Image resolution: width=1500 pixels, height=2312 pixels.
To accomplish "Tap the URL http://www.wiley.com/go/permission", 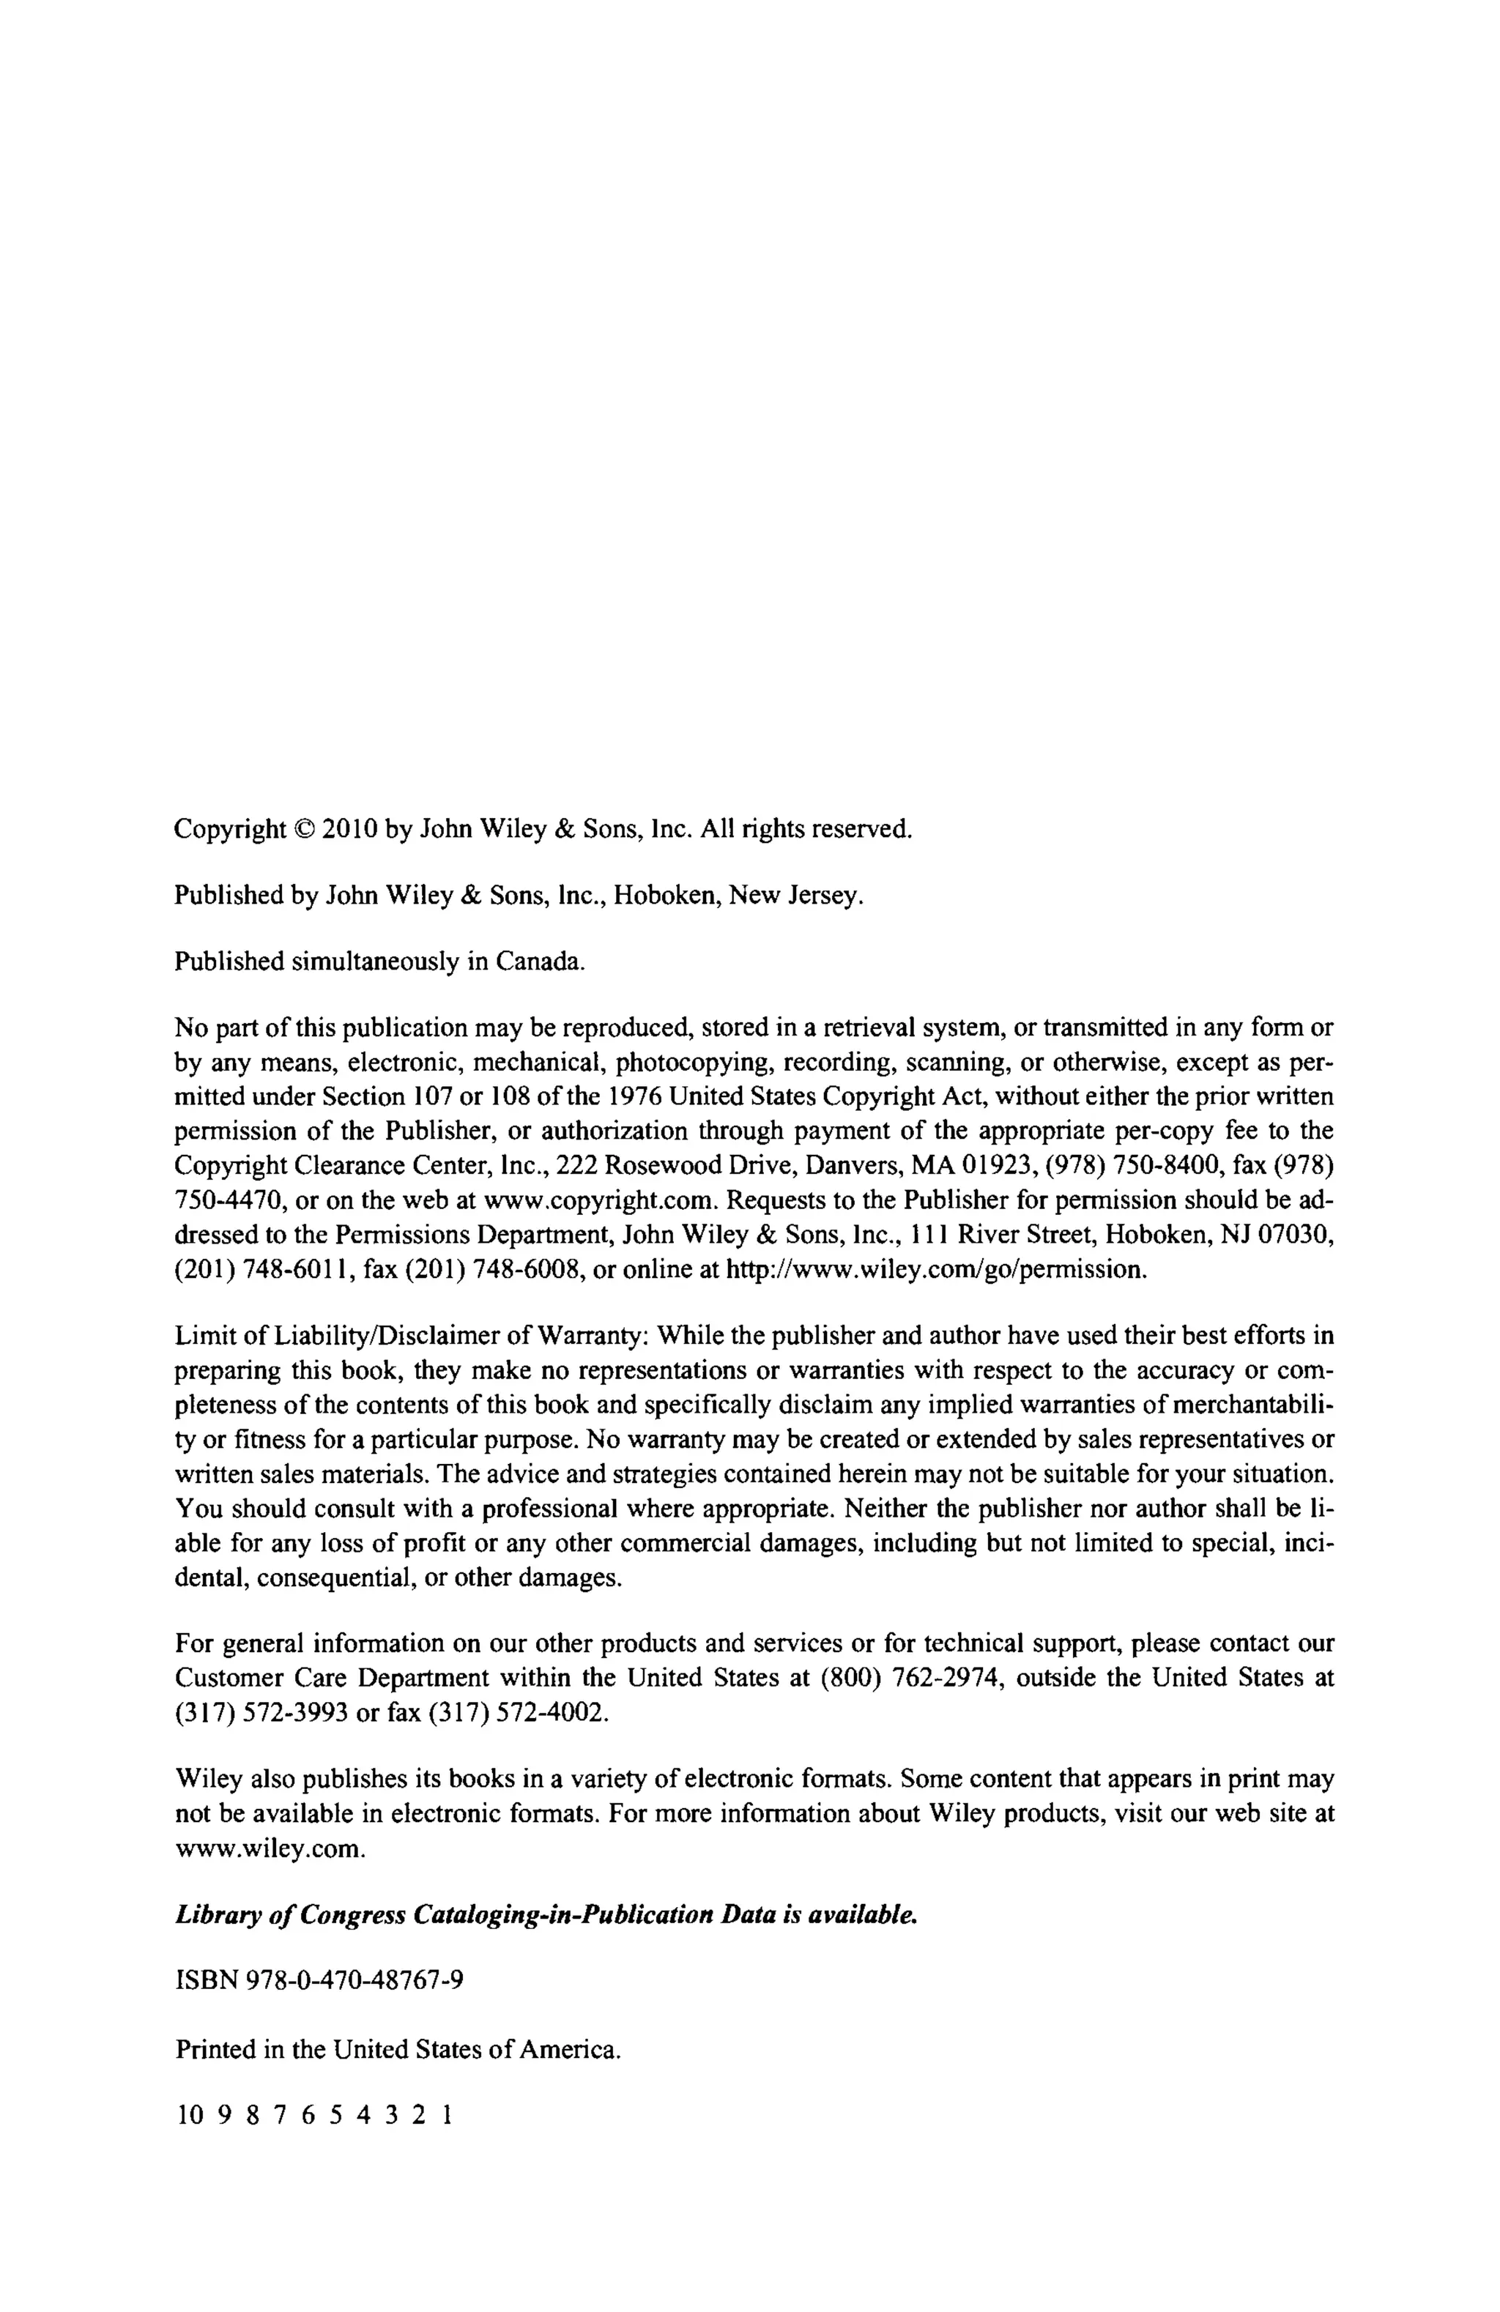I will click(937, 1268).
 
